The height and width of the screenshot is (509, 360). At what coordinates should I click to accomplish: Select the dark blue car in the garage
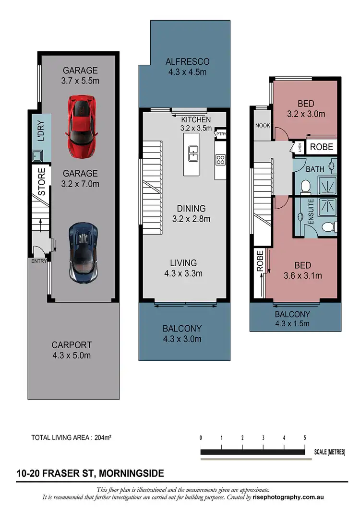[x=84, y=252]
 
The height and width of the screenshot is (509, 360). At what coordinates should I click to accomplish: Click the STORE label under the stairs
[x=41, y=182]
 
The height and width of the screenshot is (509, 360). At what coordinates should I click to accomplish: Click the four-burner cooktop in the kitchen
[x=221, y=160]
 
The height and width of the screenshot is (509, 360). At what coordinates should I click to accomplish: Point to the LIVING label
[x=183, y=262]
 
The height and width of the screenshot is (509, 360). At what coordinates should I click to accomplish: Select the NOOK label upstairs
[x=262, y=126]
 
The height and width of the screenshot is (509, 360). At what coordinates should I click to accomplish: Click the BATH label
[x=315, y=169]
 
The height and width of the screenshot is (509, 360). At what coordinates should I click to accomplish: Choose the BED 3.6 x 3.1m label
[x=303, y=270]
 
